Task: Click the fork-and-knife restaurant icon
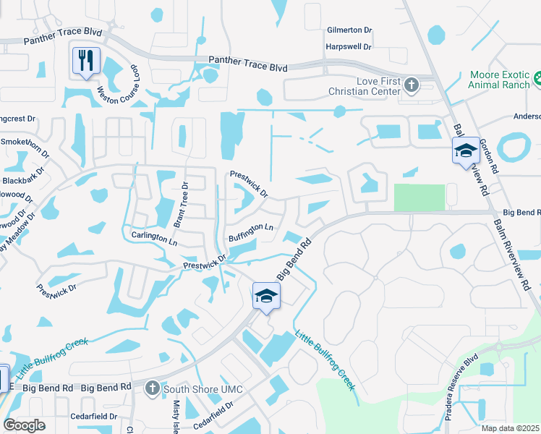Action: pyautogui.click(x=85, y=61)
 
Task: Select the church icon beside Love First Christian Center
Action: pyautogui.click(x=412, y=86)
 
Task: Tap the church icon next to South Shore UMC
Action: pyautogui.click(x=152, y=389)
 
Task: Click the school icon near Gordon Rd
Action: pyautogui.click(x=466, y=151)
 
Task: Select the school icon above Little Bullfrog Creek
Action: pyautogui.click(x=266, y=296)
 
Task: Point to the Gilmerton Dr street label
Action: pyautogui.click(x=349, y=30)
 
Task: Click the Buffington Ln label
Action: pyautogui.click(x=250, y=232)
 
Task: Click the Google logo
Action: pyautogui.click(x=24, y=425)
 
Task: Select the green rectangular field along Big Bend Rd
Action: pyautogui.click(x=419, y=197)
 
